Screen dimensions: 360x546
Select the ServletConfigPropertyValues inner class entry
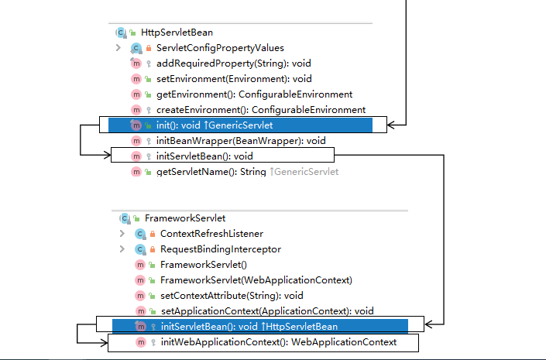(x=219, y=48)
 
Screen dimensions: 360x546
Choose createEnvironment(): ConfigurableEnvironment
(x=260, y=109)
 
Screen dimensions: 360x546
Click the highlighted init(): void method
(x=214, y=125)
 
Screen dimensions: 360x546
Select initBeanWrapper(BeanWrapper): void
(x=240, y=140)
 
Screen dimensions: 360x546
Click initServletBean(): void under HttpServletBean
(x=204, y=156)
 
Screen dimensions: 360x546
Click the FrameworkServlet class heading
(x=173, y=218)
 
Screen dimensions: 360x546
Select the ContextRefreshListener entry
(x=211, y=234)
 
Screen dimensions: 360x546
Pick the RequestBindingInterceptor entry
(x=220, y=249)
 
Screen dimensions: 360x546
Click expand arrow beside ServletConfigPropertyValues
(x=118, y=48)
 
